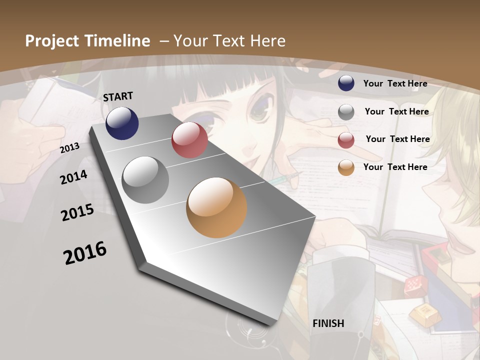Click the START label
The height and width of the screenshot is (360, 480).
tap(118, 96)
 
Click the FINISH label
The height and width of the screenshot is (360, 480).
tap(328, 323)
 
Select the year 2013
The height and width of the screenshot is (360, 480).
tap(69, 148)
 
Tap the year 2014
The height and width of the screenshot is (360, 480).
tap(73, 177)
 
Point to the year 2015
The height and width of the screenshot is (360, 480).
tap(77, 212)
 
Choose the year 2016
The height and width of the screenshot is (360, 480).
tap(85, 253)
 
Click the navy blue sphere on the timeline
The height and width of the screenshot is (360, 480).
tap(122, 123)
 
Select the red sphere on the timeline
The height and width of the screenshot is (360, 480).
tap(189, 140)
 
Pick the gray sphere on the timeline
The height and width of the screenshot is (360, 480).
tap(145, 180)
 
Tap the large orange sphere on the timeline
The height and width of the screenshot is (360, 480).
tap(216, 207)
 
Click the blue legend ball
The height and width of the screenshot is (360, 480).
tap(346, 83)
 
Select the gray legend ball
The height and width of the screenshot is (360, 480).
tap(346, 111)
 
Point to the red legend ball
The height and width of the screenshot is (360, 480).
tap(346, 140)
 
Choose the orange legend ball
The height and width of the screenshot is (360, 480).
tap(346, 167)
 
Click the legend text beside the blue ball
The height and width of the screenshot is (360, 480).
tap(395, 83)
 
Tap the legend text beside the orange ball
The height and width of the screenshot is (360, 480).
tap(395, 167)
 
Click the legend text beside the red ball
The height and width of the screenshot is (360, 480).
tap(397, 139)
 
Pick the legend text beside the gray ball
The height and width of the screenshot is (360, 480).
tap(396, 111)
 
